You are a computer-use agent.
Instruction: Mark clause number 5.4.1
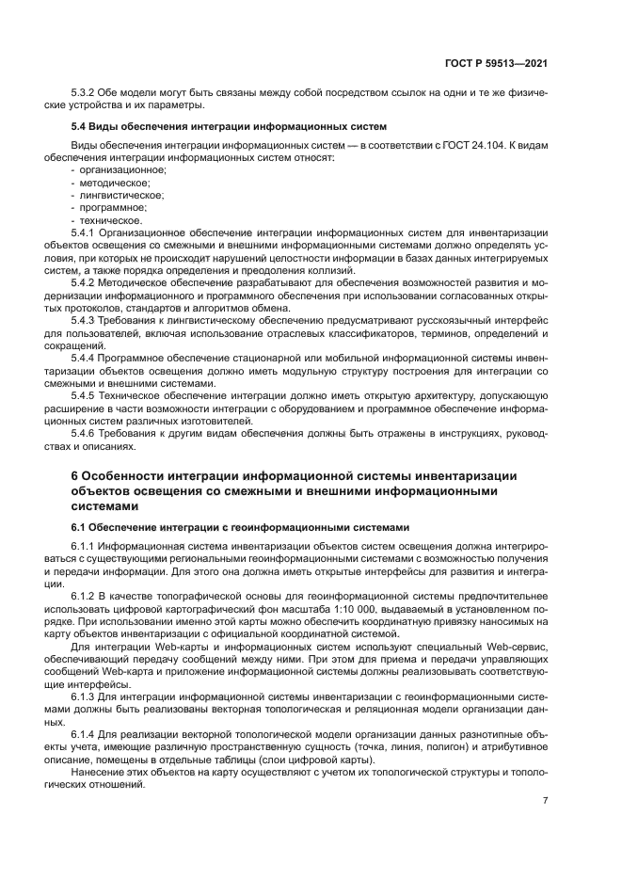[86, 232]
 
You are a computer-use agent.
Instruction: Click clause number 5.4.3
[86, 321]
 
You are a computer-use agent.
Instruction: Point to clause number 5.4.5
[86, 397]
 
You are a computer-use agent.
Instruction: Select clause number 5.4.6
[86, 435]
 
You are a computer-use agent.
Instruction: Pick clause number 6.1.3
[86, 696]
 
